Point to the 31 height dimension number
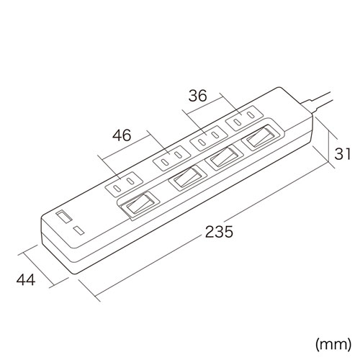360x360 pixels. tap(344, 153)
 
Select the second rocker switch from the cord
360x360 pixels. tap(224, 158)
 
